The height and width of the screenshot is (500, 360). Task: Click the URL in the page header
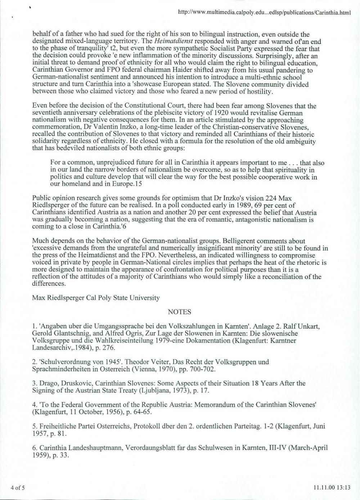pyautogui.click(x=264, y=13)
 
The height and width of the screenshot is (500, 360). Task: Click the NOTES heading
pyautogui.click(x=179, y=312)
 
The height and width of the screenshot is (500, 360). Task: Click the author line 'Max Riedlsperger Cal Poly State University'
pyautogui.click(x=96, y=298)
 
